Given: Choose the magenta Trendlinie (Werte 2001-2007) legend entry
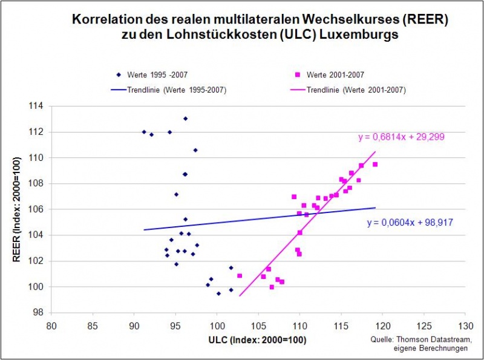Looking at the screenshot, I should point(356,90).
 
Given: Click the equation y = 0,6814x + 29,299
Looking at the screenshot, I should point(401,137).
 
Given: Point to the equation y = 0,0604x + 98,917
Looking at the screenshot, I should point(410,223).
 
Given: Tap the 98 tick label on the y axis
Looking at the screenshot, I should point(39,313).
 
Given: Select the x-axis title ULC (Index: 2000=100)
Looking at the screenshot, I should point(259,340).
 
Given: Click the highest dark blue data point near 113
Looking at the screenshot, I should point(185,119).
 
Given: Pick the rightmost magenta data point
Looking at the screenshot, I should point(375,165).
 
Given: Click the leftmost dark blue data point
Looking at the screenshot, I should point(144,132).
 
